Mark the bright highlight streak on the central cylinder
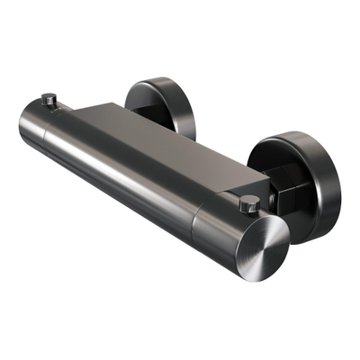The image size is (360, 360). click(135, 180)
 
